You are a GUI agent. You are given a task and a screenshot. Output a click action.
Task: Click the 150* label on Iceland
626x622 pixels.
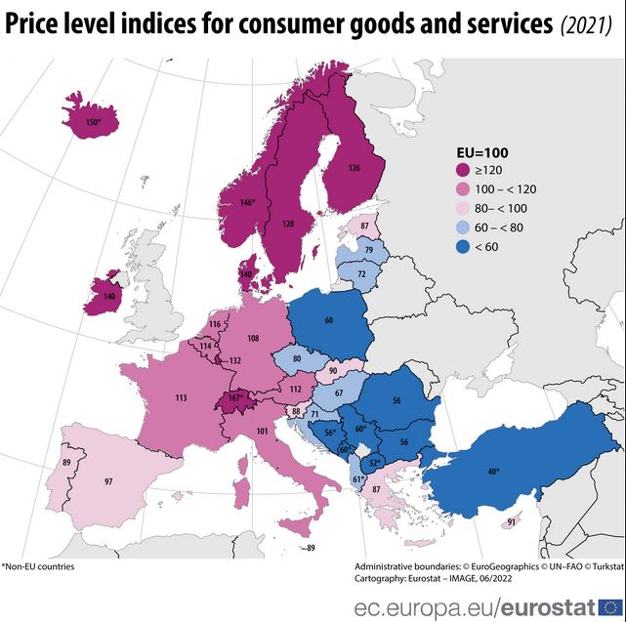point(94,123)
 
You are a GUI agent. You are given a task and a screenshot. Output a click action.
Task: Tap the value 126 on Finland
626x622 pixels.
point(354,168)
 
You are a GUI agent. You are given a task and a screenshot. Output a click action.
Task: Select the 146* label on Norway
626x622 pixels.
point(247,203)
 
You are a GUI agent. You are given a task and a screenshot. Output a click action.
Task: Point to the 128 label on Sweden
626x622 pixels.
point(288,224)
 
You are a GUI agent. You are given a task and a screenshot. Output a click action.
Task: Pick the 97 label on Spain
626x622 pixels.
point(108,481)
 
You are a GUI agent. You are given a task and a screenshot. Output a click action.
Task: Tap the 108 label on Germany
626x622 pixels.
point(253,338)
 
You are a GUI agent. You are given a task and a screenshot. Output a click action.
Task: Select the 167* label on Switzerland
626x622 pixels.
point(234,397)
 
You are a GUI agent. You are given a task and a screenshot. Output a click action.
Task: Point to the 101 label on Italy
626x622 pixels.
point(261,431)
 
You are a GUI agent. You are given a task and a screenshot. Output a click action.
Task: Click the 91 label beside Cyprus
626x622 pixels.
point(511,522)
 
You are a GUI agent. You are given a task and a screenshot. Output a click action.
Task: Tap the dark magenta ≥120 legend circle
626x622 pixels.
point(465,170)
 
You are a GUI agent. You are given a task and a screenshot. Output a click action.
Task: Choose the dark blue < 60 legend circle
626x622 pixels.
point(465,246)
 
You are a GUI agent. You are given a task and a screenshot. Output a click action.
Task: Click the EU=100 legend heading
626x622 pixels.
point(483,152)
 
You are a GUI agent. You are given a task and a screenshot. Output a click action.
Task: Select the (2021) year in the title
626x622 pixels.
point(586,25)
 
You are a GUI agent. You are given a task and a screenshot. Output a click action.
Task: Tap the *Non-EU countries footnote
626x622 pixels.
point(38,566)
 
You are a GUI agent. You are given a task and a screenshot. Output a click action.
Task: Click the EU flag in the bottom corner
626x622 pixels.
point(611,607)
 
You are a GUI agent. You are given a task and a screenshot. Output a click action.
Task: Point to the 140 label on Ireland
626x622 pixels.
point(109,295)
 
